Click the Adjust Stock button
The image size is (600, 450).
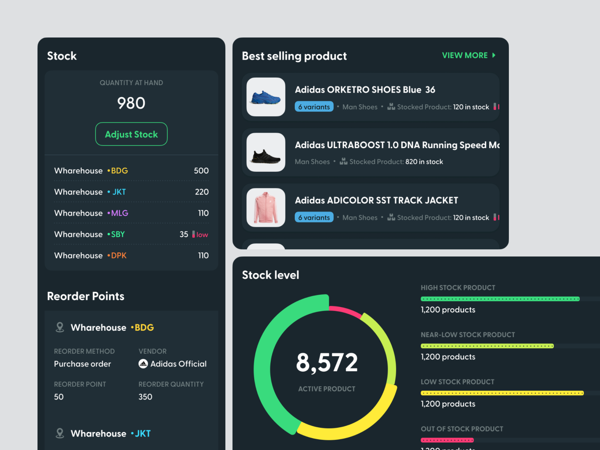click(131, 134)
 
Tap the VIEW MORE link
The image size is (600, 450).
click(468, 55)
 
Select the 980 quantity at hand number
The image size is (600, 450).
click(131, 103)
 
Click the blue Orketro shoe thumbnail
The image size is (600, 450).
click(266, 97)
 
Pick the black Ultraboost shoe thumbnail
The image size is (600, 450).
click(266, 152)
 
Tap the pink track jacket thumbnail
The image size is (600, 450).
click(266, 208)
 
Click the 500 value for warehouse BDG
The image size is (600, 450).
click(201, 171)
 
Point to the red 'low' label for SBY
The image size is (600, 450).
click(202, 235)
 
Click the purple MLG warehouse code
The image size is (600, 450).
click(120, 213)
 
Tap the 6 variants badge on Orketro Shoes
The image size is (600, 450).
click(314, 107)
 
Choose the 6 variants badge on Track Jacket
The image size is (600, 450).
click(314, 218)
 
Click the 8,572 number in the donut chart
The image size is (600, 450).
click(327, 363)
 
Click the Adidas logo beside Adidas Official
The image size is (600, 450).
click(143, 364)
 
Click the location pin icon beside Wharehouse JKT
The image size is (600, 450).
click(60, 433)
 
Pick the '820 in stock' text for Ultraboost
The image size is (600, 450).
click(424, 162)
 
